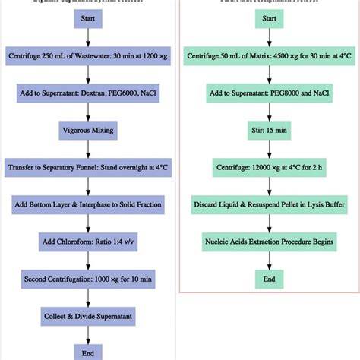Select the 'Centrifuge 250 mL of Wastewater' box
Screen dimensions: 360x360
point(88,56)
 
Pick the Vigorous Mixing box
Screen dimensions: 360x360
point(88,130)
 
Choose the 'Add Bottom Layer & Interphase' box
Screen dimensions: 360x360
point(88,204)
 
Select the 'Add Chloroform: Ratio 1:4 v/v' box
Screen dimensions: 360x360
point(88,241)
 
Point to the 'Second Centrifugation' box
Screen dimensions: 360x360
point(88,278)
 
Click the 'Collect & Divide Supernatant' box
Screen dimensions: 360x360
point(88,314)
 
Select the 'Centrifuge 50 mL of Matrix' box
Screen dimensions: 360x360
point(269,56)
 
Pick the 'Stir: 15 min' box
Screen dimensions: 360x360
point(269,130)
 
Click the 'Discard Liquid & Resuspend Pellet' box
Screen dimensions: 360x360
point(269,204)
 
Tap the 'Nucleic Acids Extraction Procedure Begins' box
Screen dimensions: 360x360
point(269,241)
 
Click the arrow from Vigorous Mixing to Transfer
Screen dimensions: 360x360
point(88,148)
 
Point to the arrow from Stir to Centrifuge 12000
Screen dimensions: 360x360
point(269,148)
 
